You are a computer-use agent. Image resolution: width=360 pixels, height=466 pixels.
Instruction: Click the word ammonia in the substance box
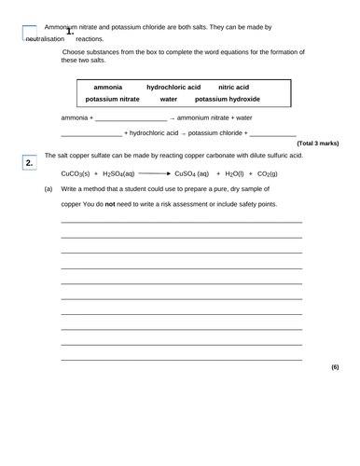click(109, 87)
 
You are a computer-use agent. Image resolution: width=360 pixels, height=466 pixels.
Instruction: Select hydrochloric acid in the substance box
click(173, 87)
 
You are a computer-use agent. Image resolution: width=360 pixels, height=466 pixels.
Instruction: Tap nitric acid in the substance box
click(233, 87)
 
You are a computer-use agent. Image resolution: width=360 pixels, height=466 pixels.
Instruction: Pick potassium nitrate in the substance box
click(112, 99)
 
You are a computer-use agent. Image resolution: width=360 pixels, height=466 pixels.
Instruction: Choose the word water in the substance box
click(168, 99)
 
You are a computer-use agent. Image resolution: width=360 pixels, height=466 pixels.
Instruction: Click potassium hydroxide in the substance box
click(228, 99)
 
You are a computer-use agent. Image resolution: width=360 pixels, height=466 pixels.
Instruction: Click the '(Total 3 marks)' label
click(318, 144)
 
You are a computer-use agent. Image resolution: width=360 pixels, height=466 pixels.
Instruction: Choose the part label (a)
click(48, 189)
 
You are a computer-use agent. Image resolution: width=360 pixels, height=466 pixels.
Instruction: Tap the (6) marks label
click(335, 366)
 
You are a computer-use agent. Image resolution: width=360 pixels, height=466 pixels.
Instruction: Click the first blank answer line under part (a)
click(181, 222)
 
